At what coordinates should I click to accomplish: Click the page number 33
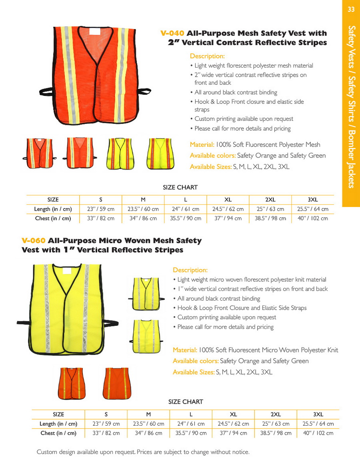(x=351, y=10)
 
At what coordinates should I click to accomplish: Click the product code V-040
(x=172, y=33)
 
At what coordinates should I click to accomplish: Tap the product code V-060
(x=33, y=241)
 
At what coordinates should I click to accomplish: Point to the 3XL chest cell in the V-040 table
(x=312, y=219)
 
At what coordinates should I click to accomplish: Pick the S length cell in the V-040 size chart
(x=100, y=209)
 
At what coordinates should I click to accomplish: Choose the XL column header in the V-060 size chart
(x=233, y=414)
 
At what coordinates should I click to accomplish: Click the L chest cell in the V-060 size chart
(x=191, y=433)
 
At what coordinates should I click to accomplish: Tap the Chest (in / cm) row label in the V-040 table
(x=53, y=219)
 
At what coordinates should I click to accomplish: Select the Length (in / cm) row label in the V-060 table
(x=58, y=424)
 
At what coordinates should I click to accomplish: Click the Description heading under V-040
(x=207, y=56)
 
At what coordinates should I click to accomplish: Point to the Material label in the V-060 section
(x=185, y=350)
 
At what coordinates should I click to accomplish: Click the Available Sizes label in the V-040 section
(x=210, y=167)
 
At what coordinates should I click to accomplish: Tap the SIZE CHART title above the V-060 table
(x=186, y=402)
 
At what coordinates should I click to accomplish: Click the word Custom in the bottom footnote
(x=46, y=452)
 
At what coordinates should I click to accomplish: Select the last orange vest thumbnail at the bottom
(x=117, y=383)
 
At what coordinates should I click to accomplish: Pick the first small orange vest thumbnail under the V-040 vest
(x=39, y=153)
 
